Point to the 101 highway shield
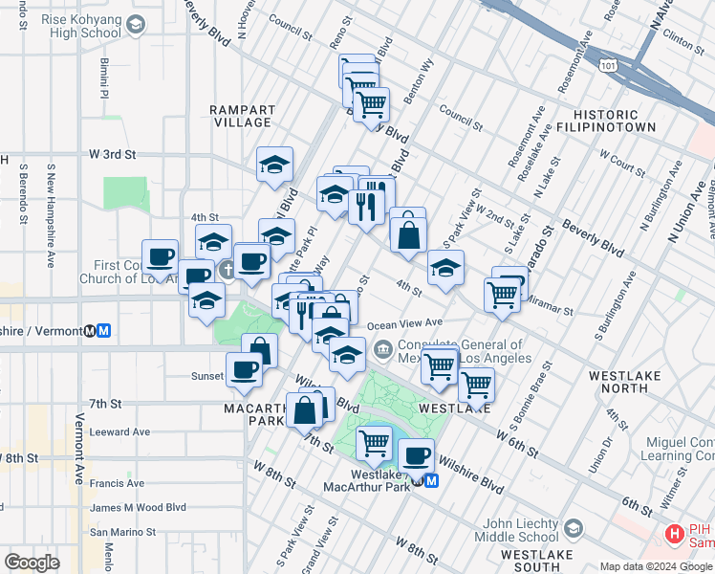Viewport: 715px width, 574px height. tap(607, 63)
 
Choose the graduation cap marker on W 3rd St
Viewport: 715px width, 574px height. tap(274, 165)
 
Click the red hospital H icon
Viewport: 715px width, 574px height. tap(674, 533)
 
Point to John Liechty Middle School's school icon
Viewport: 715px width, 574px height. tap(573, 528)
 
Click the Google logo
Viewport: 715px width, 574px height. tap(32, 562)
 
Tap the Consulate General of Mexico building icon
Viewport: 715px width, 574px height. tap(383, 347)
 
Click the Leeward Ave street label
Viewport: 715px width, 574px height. tap(119, 431)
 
